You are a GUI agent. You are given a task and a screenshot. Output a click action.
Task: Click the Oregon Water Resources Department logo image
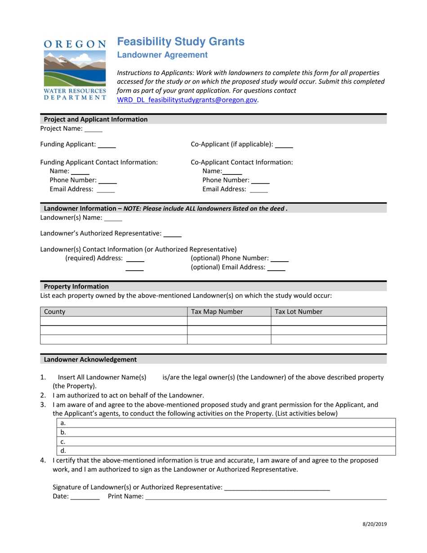click(x=75, y=70)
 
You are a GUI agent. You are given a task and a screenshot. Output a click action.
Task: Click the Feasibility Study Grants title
click(x=181, y=42)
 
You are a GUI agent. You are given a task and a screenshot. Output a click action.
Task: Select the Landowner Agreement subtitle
click(x=162, y=55)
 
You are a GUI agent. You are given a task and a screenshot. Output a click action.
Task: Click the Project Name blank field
click(x=93, y=129)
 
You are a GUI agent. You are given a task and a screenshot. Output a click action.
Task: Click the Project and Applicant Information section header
click(x=95, y=120)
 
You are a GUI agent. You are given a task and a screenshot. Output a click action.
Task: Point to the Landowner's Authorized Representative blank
click(x=172, y=234)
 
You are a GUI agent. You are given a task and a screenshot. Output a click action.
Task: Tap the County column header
click(x=113, y=312)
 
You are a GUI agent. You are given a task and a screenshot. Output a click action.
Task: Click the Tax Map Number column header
click(x=229, y=312)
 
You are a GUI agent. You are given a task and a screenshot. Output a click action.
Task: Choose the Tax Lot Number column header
click(x=329, y=312)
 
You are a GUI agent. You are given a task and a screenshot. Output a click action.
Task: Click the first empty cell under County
click(x=113, y=321)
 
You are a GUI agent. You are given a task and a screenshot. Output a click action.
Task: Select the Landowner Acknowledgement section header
click(x=90, y=360)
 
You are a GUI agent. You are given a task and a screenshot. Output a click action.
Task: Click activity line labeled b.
click(x=227, y=433)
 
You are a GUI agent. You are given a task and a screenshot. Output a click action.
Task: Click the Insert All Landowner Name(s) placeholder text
click(x=102, y=378)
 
